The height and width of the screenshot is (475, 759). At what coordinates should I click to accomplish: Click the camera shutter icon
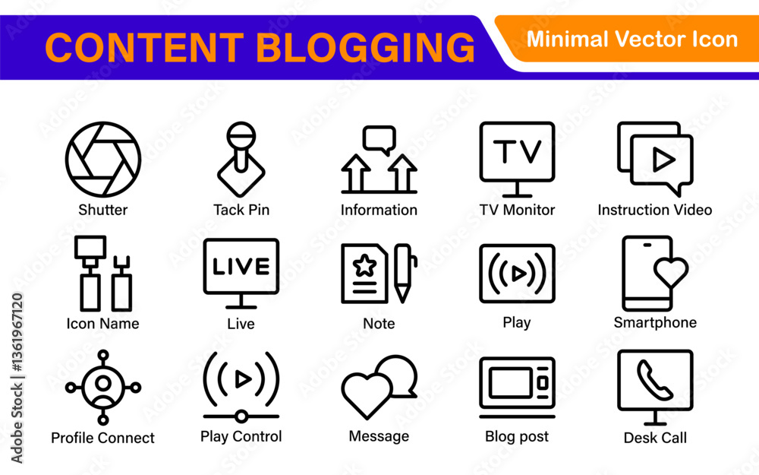[x=103, y=159]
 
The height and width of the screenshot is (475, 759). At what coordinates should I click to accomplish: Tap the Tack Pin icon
[x=241, y=159]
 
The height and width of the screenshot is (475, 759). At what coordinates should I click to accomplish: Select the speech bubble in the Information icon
[x=379, y=140]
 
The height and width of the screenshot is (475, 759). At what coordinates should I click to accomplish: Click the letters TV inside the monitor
[x=517, y=151]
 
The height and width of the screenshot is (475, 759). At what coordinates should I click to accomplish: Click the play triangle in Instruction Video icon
[x=663, y=160]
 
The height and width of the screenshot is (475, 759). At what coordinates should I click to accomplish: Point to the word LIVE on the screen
[x=241, y=267]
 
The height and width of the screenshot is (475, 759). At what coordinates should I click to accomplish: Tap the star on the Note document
[x=364, y=265]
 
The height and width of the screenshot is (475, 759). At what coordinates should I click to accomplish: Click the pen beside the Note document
[x=404, y=274]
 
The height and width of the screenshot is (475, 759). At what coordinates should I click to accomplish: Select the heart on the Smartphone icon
[x=671, y=272]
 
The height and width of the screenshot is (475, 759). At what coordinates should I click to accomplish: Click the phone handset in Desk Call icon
[x=654, y=380]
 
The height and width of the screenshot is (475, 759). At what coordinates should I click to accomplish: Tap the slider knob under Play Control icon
[x=241, y=416]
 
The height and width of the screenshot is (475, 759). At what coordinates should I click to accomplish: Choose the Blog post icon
[x=517, y=388]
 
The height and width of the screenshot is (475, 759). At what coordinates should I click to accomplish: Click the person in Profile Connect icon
[x=103, y=388]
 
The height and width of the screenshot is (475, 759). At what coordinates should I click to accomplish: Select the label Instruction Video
[x=655, y=210]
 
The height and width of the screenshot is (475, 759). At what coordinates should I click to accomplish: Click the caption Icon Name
[x=102, y=323]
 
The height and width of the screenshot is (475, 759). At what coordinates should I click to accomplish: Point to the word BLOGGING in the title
[x=366, y=47]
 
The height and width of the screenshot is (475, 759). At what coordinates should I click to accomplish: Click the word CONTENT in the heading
[x=144, y=47]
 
